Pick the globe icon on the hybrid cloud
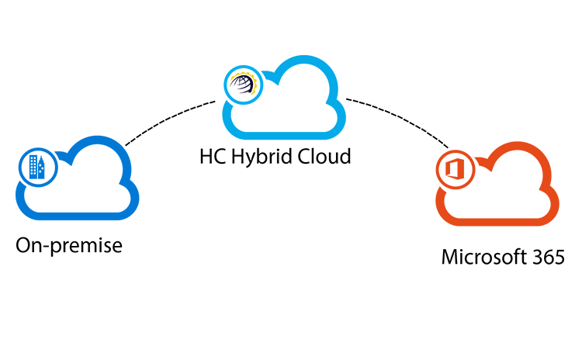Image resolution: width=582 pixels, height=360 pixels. (x=242, y=84)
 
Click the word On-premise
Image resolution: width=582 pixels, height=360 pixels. (x=69, y=247)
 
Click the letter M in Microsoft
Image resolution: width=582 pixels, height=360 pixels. (x=449, y=257)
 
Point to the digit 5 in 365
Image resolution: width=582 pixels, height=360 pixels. (x=559, y=257)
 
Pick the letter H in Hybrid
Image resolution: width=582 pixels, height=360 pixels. (x=236, y=156)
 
